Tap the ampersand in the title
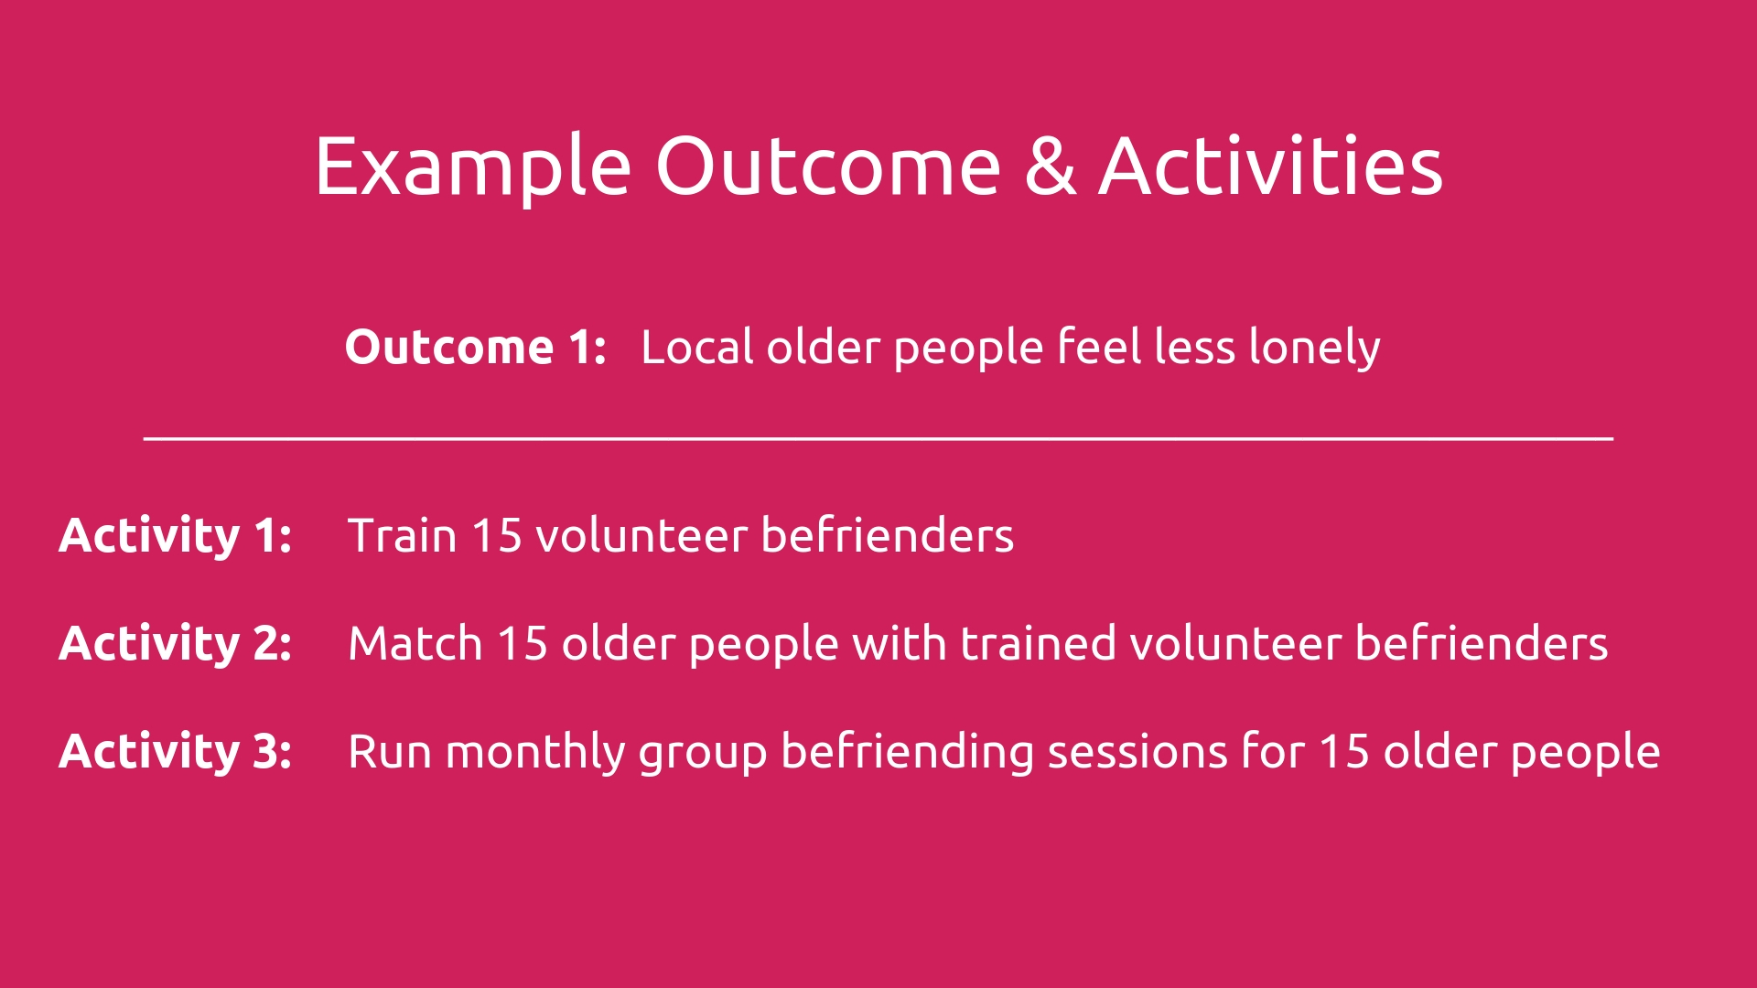tap(1051, 166)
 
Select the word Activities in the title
tap(1271, 166)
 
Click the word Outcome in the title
tap(828, 166)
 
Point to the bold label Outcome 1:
tap(476, 347)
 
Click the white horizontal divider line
tap(878, 439)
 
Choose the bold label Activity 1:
tap(176, 536)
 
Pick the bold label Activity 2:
tap(176, 644)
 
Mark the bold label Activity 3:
tap(176, 752)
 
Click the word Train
tap(402, 535)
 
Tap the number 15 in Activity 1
tap(497, 536)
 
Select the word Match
tap(415, 643)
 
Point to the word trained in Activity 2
tap(1038, 643)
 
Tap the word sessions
tap(1137, 752)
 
